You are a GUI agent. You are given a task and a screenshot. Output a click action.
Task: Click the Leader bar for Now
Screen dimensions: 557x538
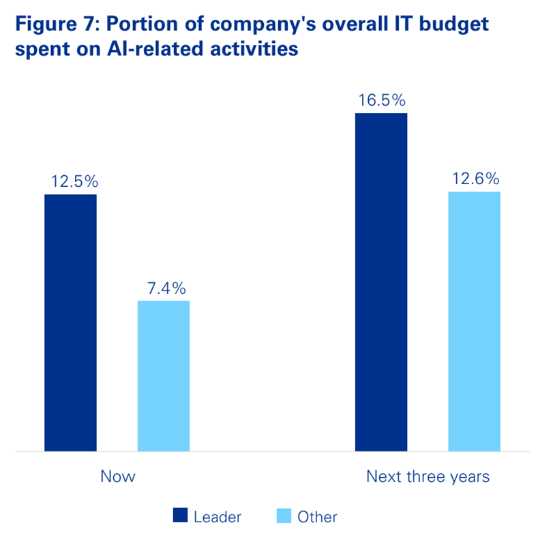(70, 322)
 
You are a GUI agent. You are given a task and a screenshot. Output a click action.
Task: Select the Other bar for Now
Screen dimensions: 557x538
(164, 376)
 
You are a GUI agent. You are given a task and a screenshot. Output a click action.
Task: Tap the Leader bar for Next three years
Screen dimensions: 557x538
(381, 282)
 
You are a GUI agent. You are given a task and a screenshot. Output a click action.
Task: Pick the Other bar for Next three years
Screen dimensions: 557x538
(474, 321)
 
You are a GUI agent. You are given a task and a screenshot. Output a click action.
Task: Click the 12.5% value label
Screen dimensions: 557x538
(75, 181)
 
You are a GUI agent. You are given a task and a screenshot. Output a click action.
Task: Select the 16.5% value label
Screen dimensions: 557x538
(382, 100)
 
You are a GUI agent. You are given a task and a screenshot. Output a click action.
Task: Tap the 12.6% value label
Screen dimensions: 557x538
(475, 179)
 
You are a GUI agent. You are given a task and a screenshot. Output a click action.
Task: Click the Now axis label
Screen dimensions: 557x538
(118, 477)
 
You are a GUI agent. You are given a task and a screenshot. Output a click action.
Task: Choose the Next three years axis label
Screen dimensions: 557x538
(428, 477)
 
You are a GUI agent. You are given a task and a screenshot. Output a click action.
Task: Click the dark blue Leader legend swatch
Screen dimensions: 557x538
(179, 516)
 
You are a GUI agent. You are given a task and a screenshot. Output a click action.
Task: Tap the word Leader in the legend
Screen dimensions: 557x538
(218, 517)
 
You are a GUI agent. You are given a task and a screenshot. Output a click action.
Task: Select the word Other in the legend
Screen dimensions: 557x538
(317, 517)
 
